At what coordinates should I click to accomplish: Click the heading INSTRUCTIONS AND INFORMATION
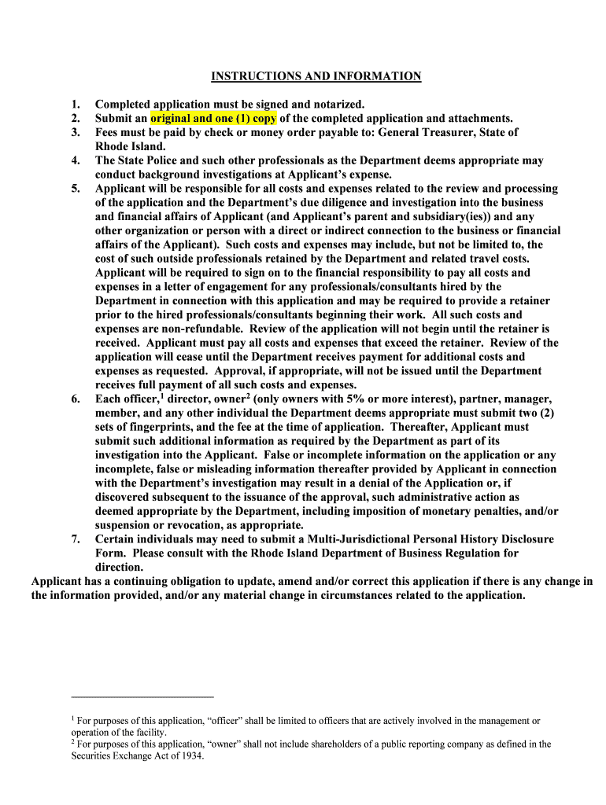316,76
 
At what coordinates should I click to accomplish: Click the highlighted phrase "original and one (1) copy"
213,118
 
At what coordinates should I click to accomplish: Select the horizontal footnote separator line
142,697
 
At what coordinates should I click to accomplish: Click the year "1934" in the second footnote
191,756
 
